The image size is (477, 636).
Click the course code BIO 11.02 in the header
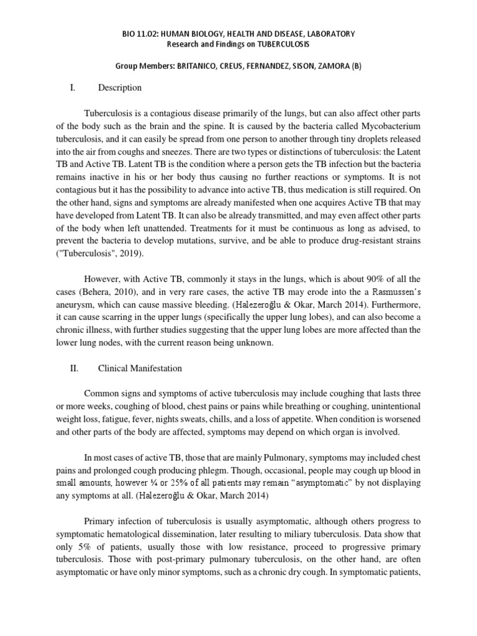point(140,33)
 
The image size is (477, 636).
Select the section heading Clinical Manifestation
point(140,368)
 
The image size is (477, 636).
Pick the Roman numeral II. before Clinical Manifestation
point(74,368)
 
